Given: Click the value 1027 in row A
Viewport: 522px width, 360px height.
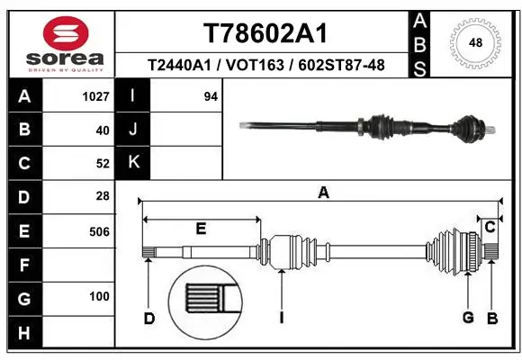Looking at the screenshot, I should coord(95,96).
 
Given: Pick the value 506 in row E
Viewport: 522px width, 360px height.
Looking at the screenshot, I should coord(98,231).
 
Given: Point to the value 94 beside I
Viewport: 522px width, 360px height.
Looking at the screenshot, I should coord(211,96).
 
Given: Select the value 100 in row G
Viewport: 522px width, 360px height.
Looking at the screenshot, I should coord(99,297).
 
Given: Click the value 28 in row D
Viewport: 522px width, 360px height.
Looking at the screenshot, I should coord(102,195).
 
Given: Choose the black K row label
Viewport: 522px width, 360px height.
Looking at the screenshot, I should coord(133,162).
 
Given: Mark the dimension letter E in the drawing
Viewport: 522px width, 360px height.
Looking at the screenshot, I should coord(201,229).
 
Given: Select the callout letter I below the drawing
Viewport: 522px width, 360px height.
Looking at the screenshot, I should coord(282,317).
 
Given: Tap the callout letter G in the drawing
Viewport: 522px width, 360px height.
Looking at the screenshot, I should coord(468,317).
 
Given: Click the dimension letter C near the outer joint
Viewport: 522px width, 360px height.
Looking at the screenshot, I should coord(490,228).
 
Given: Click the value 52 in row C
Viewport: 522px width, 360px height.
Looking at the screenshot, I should coord(102,163).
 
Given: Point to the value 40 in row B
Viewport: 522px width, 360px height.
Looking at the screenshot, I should coord(102,130).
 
